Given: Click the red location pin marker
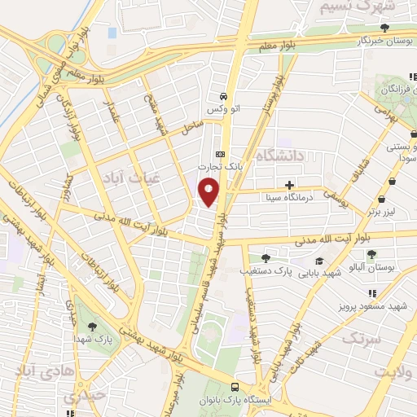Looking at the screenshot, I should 208,192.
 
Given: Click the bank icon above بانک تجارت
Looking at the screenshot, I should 218,153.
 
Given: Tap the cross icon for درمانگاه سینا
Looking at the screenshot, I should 291,185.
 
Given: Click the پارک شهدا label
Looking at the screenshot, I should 90,337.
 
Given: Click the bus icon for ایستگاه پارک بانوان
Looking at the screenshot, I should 235,388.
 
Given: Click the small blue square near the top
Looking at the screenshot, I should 112,33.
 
